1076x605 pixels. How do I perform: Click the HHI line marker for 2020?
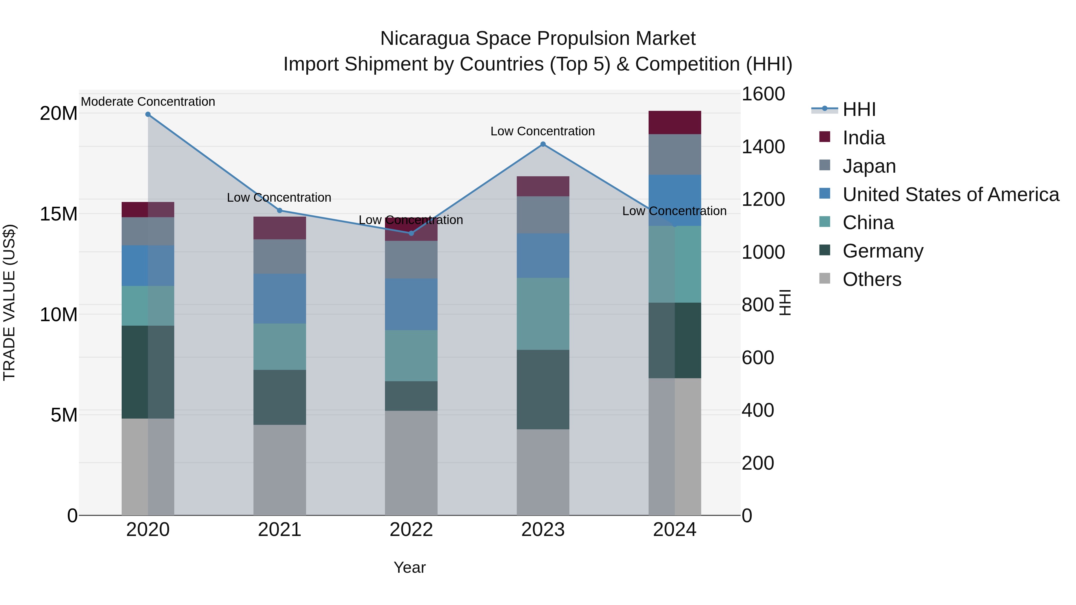click(x=148, y=114)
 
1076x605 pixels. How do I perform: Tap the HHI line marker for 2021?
click(x=280, y=210)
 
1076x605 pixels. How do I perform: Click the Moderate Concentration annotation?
click(x=148, y=102)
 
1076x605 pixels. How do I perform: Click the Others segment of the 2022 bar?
click(x=411, y=462)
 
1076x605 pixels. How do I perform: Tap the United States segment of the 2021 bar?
click(x=280, y=298)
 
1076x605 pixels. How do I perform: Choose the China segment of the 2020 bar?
click(x=148, y=306)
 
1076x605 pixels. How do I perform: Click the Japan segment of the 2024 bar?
click(x=675, y=154)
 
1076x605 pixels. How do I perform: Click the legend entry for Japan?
click(x=869, y=166)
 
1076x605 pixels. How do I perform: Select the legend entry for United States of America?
click(x=950, y=194)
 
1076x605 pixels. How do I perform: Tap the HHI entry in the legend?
click(x=858, y=109)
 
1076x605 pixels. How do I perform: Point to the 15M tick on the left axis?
click(x=59, y=214)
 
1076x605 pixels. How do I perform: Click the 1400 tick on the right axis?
click(x=763, y=147)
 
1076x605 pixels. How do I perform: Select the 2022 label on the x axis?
click(x=411, y=530)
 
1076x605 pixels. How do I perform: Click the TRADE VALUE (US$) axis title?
click(x=9, y=302)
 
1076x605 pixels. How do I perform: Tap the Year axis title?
click(x=409, y=567)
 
